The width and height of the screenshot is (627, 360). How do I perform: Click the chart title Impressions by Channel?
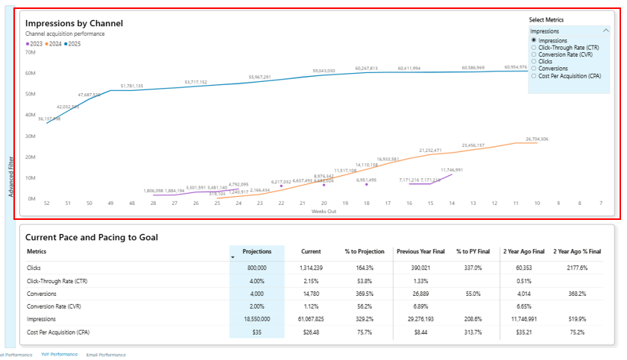pos(74,23)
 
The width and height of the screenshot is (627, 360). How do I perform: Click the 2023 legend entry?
pos(34,44)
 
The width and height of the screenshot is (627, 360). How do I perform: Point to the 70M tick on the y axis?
pos(31,52)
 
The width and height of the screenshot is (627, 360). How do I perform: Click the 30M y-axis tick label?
pos(31,136)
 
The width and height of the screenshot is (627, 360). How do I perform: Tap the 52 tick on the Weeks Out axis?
pos(46,203)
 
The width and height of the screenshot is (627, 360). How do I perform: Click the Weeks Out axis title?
pos(323,211)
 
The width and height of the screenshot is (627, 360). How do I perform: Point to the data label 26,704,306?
pos(537,139)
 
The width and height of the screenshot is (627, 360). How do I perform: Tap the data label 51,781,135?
pos(131,86)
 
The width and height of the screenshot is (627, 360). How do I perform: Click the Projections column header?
pos(256,251)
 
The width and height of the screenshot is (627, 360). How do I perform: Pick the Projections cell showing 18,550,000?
pos(256,318)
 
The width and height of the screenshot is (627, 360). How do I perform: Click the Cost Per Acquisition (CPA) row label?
pos(63,331)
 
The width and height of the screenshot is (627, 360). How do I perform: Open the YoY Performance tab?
pos(60,355)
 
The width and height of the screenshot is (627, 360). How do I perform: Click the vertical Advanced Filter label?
pos(10,176)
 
